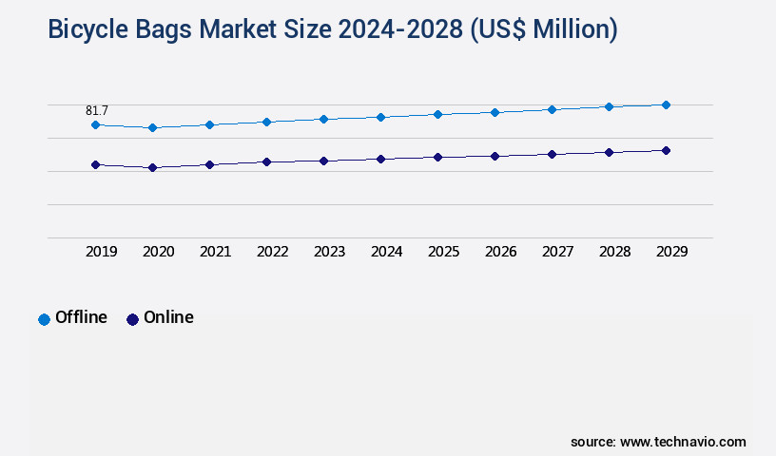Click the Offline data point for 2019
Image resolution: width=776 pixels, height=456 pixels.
[x=95, y=124]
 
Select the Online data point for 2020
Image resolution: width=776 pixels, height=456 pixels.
[x=152, y=167]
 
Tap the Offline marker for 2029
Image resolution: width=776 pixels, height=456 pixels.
[x=666, y=104]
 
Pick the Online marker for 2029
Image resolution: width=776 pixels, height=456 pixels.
[x=666, y=150]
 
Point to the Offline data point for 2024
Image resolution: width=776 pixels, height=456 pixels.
[x=380, y=117]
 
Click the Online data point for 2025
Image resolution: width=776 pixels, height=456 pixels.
[x=437, y=157]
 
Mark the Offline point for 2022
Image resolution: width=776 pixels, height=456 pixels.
[x=266, y=122]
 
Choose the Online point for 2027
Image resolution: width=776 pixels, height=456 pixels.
[x=552, y=154]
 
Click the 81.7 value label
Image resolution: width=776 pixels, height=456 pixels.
[x=97, y=111]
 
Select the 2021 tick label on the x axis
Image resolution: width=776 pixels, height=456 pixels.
[x=215, y=252]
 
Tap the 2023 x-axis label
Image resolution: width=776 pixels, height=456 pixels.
[x=329, y=252]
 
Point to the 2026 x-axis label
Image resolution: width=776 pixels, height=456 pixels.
[x=500, y=252]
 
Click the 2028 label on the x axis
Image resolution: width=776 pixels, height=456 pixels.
[x=614, y=252]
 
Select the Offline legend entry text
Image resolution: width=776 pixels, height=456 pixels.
[x=81, y=317]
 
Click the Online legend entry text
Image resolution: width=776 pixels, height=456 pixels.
[x=168, y=317]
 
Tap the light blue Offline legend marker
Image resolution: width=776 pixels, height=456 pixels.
[x=44, y=319]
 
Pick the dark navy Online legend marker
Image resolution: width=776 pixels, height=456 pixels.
[x=132, y=319]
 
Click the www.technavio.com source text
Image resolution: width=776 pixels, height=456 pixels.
[x=683, y=442]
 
